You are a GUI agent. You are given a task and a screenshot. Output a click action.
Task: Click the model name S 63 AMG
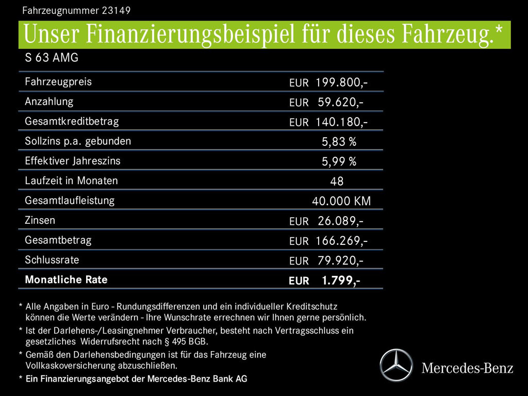tap(52, 58)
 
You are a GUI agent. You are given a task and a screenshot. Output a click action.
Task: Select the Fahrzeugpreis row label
tap(58, 81)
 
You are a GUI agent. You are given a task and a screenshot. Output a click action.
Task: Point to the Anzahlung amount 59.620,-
tap(340, 102)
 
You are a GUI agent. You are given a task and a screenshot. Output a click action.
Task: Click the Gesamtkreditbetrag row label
tap(72, 121)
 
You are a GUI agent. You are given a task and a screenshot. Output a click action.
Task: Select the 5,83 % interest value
tap(339, 142)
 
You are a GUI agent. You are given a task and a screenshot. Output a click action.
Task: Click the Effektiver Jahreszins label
tap(72, 161)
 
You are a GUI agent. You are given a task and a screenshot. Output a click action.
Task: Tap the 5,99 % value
tap(339, 162)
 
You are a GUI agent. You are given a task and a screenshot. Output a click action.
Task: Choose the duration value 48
tap(337, 181)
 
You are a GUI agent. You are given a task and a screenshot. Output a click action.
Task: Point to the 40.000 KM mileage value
tap(341, 201)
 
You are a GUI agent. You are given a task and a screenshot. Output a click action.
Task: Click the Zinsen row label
tap(40, 220)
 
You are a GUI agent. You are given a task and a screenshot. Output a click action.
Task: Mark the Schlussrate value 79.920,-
tap(340, 260)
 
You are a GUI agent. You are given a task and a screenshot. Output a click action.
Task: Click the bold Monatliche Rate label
tap(66, 279)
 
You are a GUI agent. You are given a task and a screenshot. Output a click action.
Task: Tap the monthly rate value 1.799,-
tap(341, 280)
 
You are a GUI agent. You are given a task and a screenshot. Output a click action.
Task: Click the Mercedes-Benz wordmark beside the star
tap(467, 368)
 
